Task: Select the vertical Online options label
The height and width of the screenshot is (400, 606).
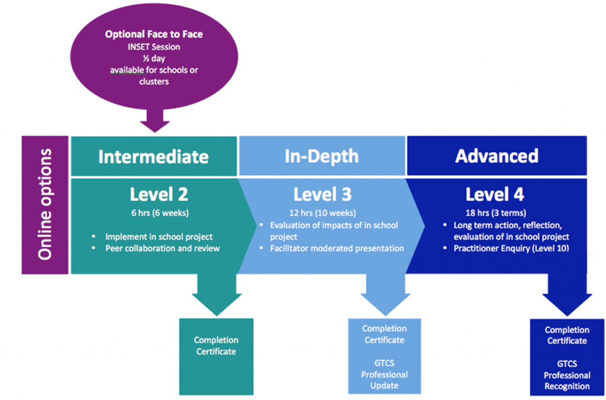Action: pyautogui.click(x=45, y=205)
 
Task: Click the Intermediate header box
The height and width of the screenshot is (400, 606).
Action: pyautogui.click(x=153, y=156)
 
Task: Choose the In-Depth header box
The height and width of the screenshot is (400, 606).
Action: pyautogui.click(x=321, y=156)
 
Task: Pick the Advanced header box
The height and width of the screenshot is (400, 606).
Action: pyautogui.click(x=497, y=156)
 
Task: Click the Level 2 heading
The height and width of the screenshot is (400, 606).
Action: pyautogui.click(x=159, y=194)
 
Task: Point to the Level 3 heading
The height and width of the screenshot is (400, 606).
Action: pyautogui.click(x=322, y=194)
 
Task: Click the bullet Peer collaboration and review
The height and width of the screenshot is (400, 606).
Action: pyautogui.click(x=162, y=248)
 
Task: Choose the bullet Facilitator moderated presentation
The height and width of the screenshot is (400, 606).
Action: pyautogui.click(x=337, y=248)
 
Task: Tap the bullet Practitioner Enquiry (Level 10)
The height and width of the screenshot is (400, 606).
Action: pyautogui.click(x=511, y=248)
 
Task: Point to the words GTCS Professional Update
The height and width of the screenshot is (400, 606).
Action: pyautogui.click(x=384, y=374)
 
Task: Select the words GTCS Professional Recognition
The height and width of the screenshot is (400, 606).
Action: pyautogui.click(x=567, y=375)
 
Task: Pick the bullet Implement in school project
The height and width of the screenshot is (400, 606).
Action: pyautogui.click(x=159, y=237)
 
